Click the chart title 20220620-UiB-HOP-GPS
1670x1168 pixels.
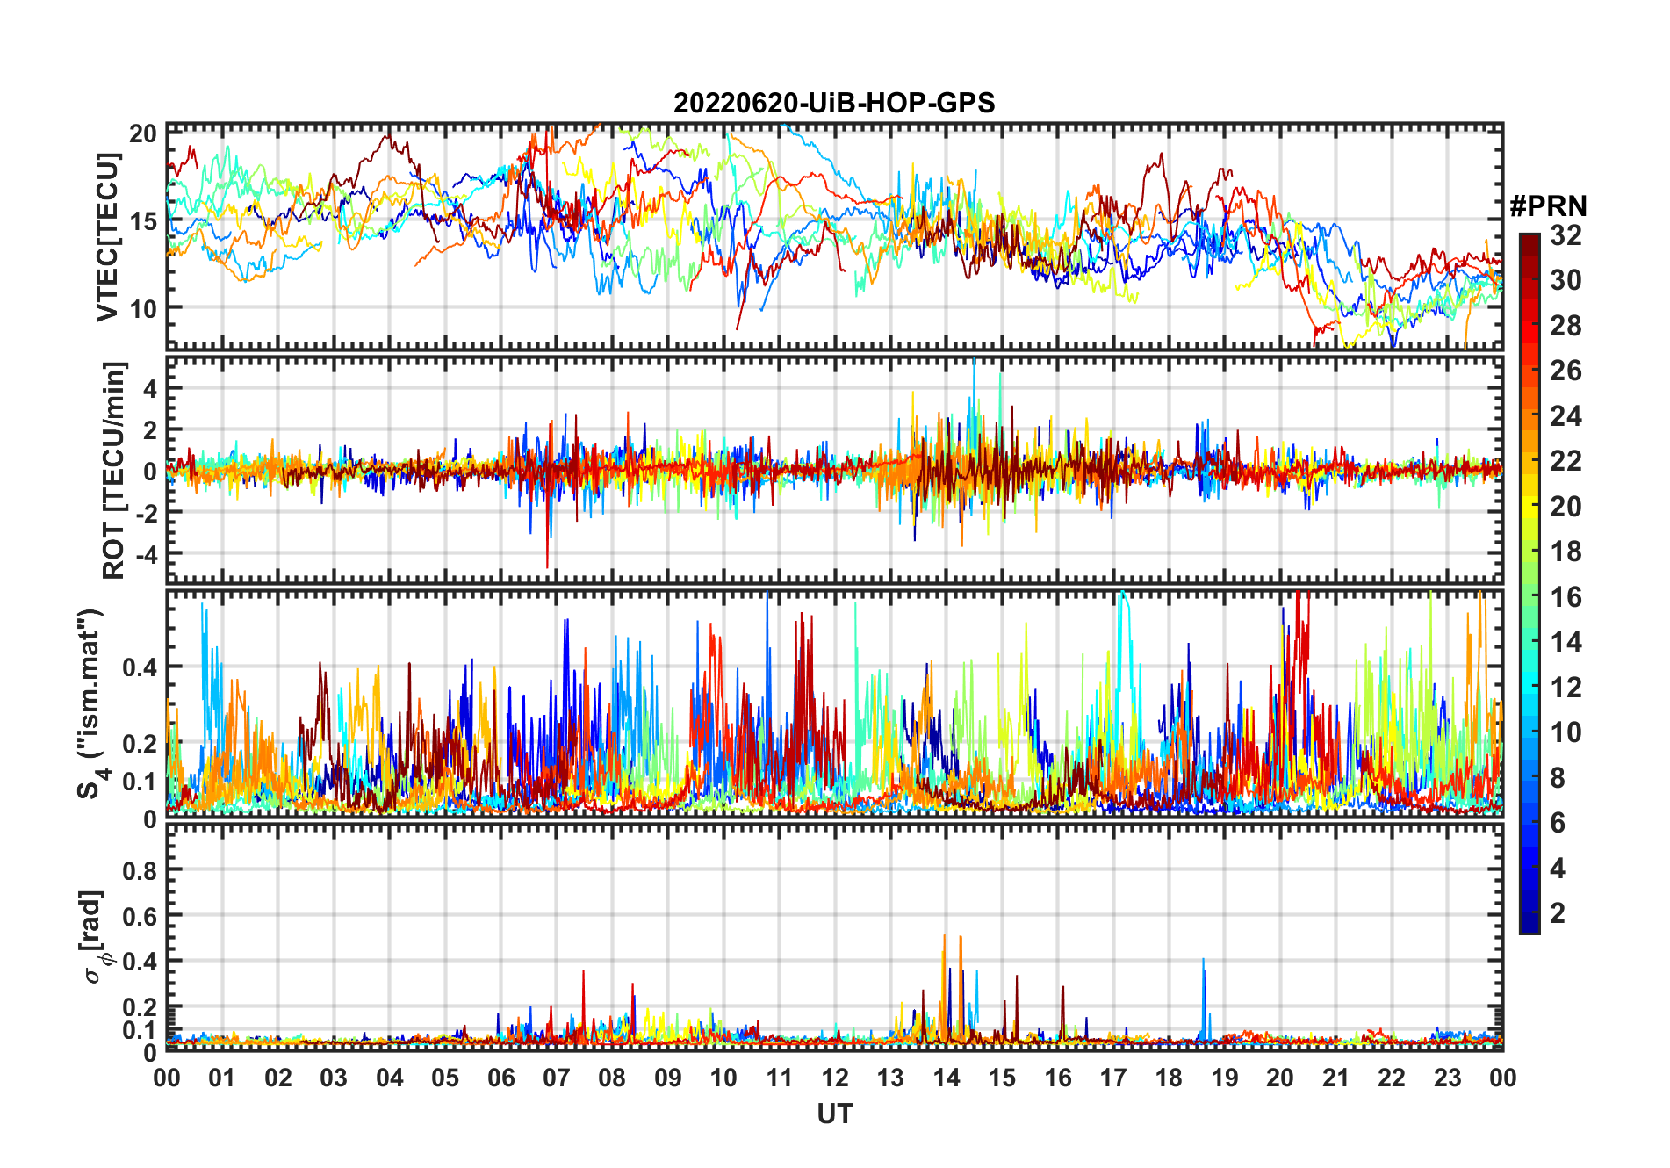[x=834, y=104]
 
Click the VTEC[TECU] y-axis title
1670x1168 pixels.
[x=108, y=237]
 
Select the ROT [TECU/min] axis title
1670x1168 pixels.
[x=114, y=470]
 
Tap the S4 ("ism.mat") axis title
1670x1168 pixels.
[x=91, y=703]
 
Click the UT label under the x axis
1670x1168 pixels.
[x=834, y=1114]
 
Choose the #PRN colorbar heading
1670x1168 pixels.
[x=1548, y=206]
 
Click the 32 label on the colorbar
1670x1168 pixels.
[x=1566, y=235]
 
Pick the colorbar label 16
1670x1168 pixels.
[x=1566, y=597]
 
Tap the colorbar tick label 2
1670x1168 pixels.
[x=1558, y=913]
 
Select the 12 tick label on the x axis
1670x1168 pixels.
[x=835, y=1078]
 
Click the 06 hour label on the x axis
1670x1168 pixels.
[x=501, y=1078]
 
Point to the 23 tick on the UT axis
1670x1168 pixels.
[x=1447, y=1078]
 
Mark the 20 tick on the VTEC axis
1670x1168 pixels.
[x=143, y=133]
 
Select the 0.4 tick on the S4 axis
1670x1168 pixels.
[x=139, y=667]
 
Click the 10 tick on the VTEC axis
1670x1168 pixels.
[x=143, y=308]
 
